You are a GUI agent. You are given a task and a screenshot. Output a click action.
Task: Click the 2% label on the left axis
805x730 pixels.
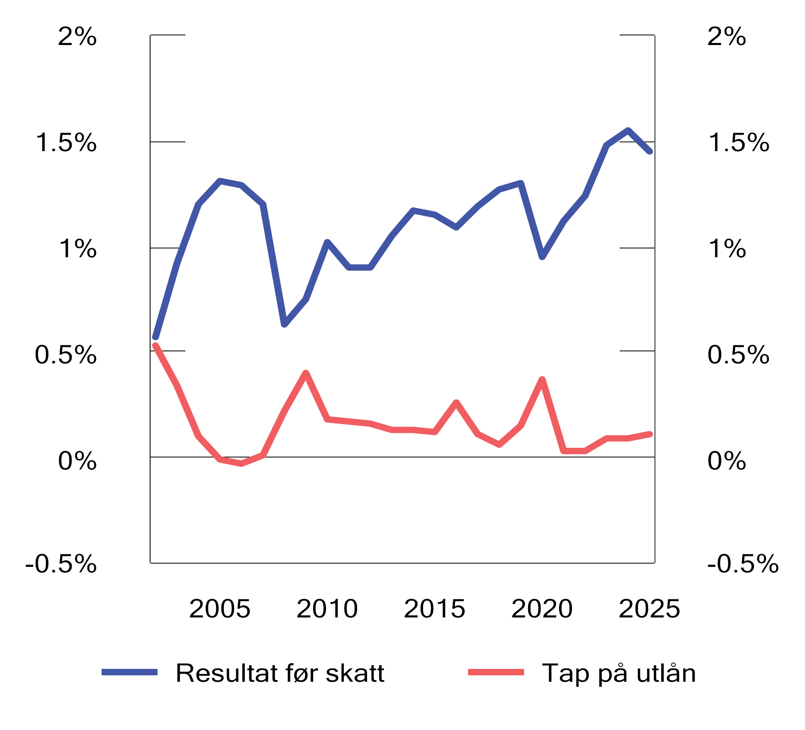77,37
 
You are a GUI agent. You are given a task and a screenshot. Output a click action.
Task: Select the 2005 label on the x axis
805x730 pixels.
220,609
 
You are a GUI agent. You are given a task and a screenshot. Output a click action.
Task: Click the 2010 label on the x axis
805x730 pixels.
327,609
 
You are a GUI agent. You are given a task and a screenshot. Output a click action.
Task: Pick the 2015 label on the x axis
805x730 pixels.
435,609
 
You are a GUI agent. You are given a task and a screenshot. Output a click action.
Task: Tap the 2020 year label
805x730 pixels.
542,609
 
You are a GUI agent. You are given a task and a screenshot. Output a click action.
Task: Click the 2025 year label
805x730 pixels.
649,609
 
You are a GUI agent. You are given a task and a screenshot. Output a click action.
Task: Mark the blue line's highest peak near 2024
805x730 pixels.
628,130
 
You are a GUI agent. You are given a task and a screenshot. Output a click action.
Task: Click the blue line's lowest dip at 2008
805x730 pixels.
284,324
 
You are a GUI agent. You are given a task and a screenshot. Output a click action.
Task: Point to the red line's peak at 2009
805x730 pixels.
306,373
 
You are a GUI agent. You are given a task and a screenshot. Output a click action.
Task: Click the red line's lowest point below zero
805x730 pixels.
242,463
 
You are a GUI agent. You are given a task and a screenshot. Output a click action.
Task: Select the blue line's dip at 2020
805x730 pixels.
542,256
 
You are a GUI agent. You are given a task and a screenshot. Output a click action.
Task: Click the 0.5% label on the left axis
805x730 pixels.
66,355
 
